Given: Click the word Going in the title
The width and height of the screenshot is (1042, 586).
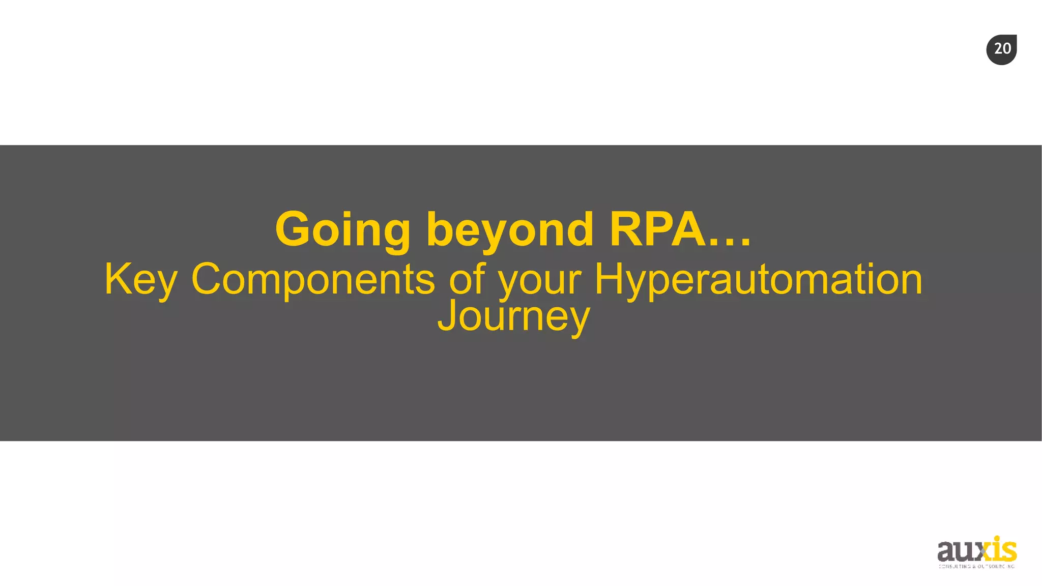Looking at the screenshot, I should click(342, 230).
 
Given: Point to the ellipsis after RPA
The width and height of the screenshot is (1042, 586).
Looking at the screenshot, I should click(730, 243).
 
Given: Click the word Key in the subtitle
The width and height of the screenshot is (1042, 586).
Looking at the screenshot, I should click(140, 279).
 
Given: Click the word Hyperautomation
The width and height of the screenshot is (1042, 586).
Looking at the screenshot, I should click(758, 279).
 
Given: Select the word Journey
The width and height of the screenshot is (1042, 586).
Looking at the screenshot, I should click(513, 316).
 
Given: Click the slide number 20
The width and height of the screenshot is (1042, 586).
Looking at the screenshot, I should click(1002, 49).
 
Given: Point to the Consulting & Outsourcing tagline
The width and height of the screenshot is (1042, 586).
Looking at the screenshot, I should click(976, 566).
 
